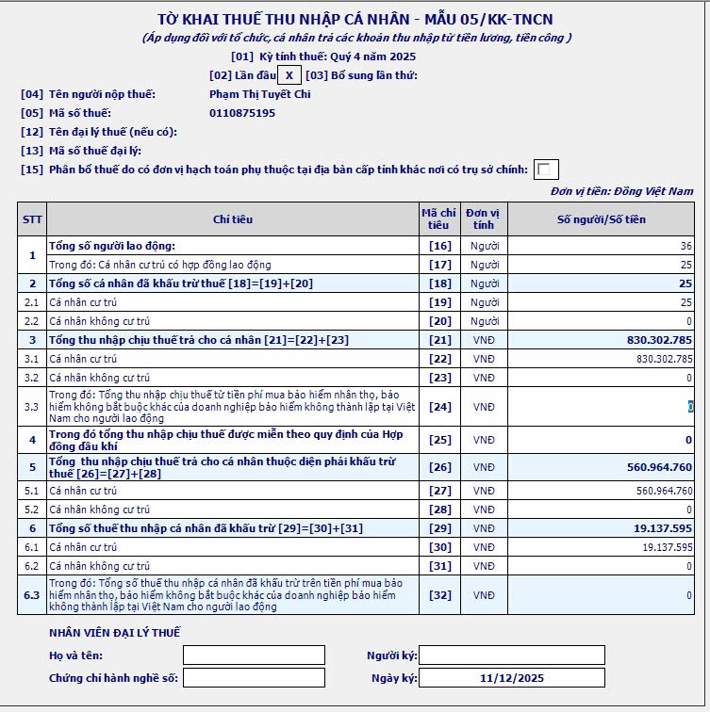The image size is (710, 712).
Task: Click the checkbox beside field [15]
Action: [546, 170]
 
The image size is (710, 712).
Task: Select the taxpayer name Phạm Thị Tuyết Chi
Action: [260, 94]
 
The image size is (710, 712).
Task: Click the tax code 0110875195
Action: [242, 113]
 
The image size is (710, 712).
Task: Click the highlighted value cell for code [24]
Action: [690, 407]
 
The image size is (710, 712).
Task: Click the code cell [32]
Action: [439, 595]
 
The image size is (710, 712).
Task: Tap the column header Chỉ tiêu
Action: [233, 219]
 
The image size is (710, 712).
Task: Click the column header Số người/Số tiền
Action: [602, 219]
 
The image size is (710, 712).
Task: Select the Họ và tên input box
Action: [254, 655]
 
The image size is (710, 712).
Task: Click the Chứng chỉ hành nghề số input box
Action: [254, 678]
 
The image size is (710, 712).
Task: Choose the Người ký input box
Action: [511, 655]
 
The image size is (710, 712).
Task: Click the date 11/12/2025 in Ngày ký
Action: [511, 678]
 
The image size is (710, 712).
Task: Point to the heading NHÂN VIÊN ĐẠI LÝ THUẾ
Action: [114, 632]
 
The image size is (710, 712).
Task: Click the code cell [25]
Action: [439, 440]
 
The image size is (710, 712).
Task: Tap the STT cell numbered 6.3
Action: [32, 595]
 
